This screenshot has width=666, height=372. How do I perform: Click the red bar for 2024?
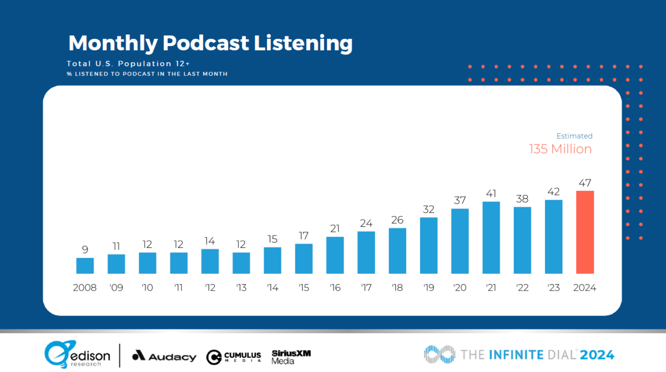pyautogui.click(x=585, y=232)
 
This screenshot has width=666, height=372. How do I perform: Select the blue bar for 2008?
pyautogui.click(x=85, y=266)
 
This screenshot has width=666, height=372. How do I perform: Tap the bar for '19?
pyautogui.click(x=429, y=246)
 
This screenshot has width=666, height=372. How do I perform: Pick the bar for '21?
pyautogui.click(x=491, y=238)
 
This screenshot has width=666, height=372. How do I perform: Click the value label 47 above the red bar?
pyautogui.click(x=585, y=183)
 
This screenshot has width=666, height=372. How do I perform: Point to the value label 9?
pyautogui.click(x=85, y=249)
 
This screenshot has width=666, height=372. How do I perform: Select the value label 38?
pyautogui.click(x=522, y=199)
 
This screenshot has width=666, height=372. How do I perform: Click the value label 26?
pyautogui.click(x=397, y=220)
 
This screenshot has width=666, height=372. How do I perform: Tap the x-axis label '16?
pyautogui.click(x=335, y=288)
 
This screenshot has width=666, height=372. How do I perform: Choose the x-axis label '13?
pyautogui.click(x=241, y=288)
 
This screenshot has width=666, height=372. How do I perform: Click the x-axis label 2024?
pyautogui.click(x=585, y=288)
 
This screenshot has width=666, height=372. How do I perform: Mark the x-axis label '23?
pyautogui.click(x=553, y=288)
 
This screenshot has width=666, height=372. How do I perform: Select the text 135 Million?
pyautogui.click(x=560, y=149)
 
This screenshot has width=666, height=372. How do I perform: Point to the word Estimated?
pyautogui.click(x=574, y=136)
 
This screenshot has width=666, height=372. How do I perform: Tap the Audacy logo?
pyautogui.click(x=164, y=356)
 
